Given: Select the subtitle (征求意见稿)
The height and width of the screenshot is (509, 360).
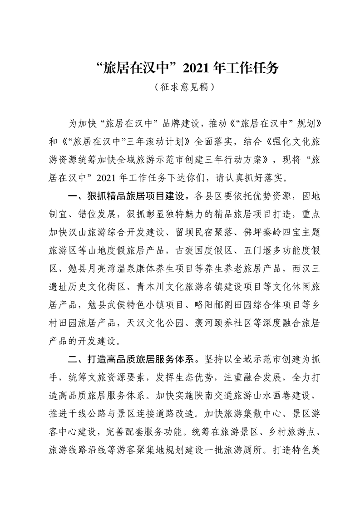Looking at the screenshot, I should click(x=181, y=87).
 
